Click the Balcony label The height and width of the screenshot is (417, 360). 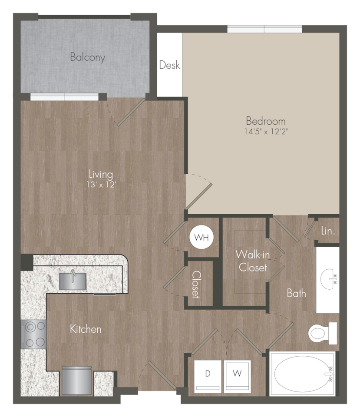pos(87,57)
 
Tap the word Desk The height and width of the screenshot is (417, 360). pos(170,65)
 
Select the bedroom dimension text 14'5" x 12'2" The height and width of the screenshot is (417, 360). pos(266,131)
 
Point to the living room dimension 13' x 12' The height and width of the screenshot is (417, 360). pos(101,184)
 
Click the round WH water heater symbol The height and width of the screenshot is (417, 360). pos(201,237)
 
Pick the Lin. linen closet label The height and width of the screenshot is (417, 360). pos(328,231)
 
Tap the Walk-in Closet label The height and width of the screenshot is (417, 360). pos(253,261)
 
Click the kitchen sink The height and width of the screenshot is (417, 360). pos(73,281)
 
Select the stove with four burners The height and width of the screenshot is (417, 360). pos(33,334)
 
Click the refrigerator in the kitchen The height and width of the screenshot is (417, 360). pos(77,381)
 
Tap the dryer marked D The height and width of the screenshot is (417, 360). pos(208,376)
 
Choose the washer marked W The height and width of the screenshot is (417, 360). pos(237,376)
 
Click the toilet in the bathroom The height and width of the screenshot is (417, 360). pos(323,333)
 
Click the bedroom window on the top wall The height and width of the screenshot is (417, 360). pos(264,29)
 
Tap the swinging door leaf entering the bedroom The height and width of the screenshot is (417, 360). pos(199,196)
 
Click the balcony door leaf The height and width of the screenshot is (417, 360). pos(131,112)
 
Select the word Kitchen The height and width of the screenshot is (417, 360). pos(86,329)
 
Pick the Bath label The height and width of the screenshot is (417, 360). pos(296,293)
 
